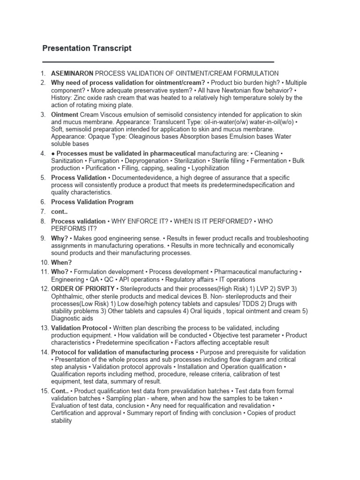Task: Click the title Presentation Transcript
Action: point(87,48)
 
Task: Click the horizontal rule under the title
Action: point(158,62)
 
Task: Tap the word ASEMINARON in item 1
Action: point(73,74)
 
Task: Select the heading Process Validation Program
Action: point(92,202)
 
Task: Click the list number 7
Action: point(42,212)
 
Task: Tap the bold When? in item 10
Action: point(61,262)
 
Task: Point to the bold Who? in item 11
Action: point(60,272)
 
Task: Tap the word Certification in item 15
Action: point(70,413)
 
